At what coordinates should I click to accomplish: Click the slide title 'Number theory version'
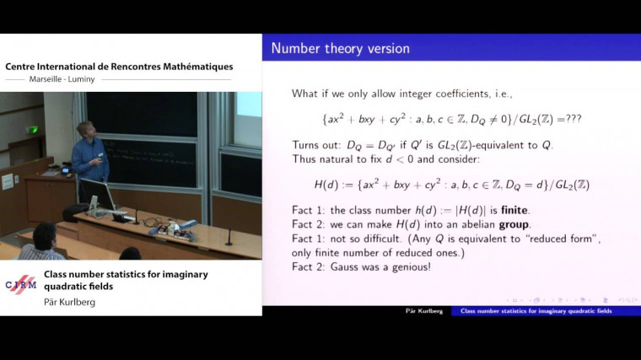340,48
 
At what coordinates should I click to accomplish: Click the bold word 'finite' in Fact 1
509,210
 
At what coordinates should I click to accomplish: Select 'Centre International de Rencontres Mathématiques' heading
119,67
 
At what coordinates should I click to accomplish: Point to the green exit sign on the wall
33,130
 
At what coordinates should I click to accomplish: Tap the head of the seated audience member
44,234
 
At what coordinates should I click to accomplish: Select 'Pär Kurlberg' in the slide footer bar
425,311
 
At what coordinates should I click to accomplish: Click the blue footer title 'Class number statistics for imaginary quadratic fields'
536,311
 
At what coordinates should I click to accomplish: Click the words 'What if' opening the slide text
311,93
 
